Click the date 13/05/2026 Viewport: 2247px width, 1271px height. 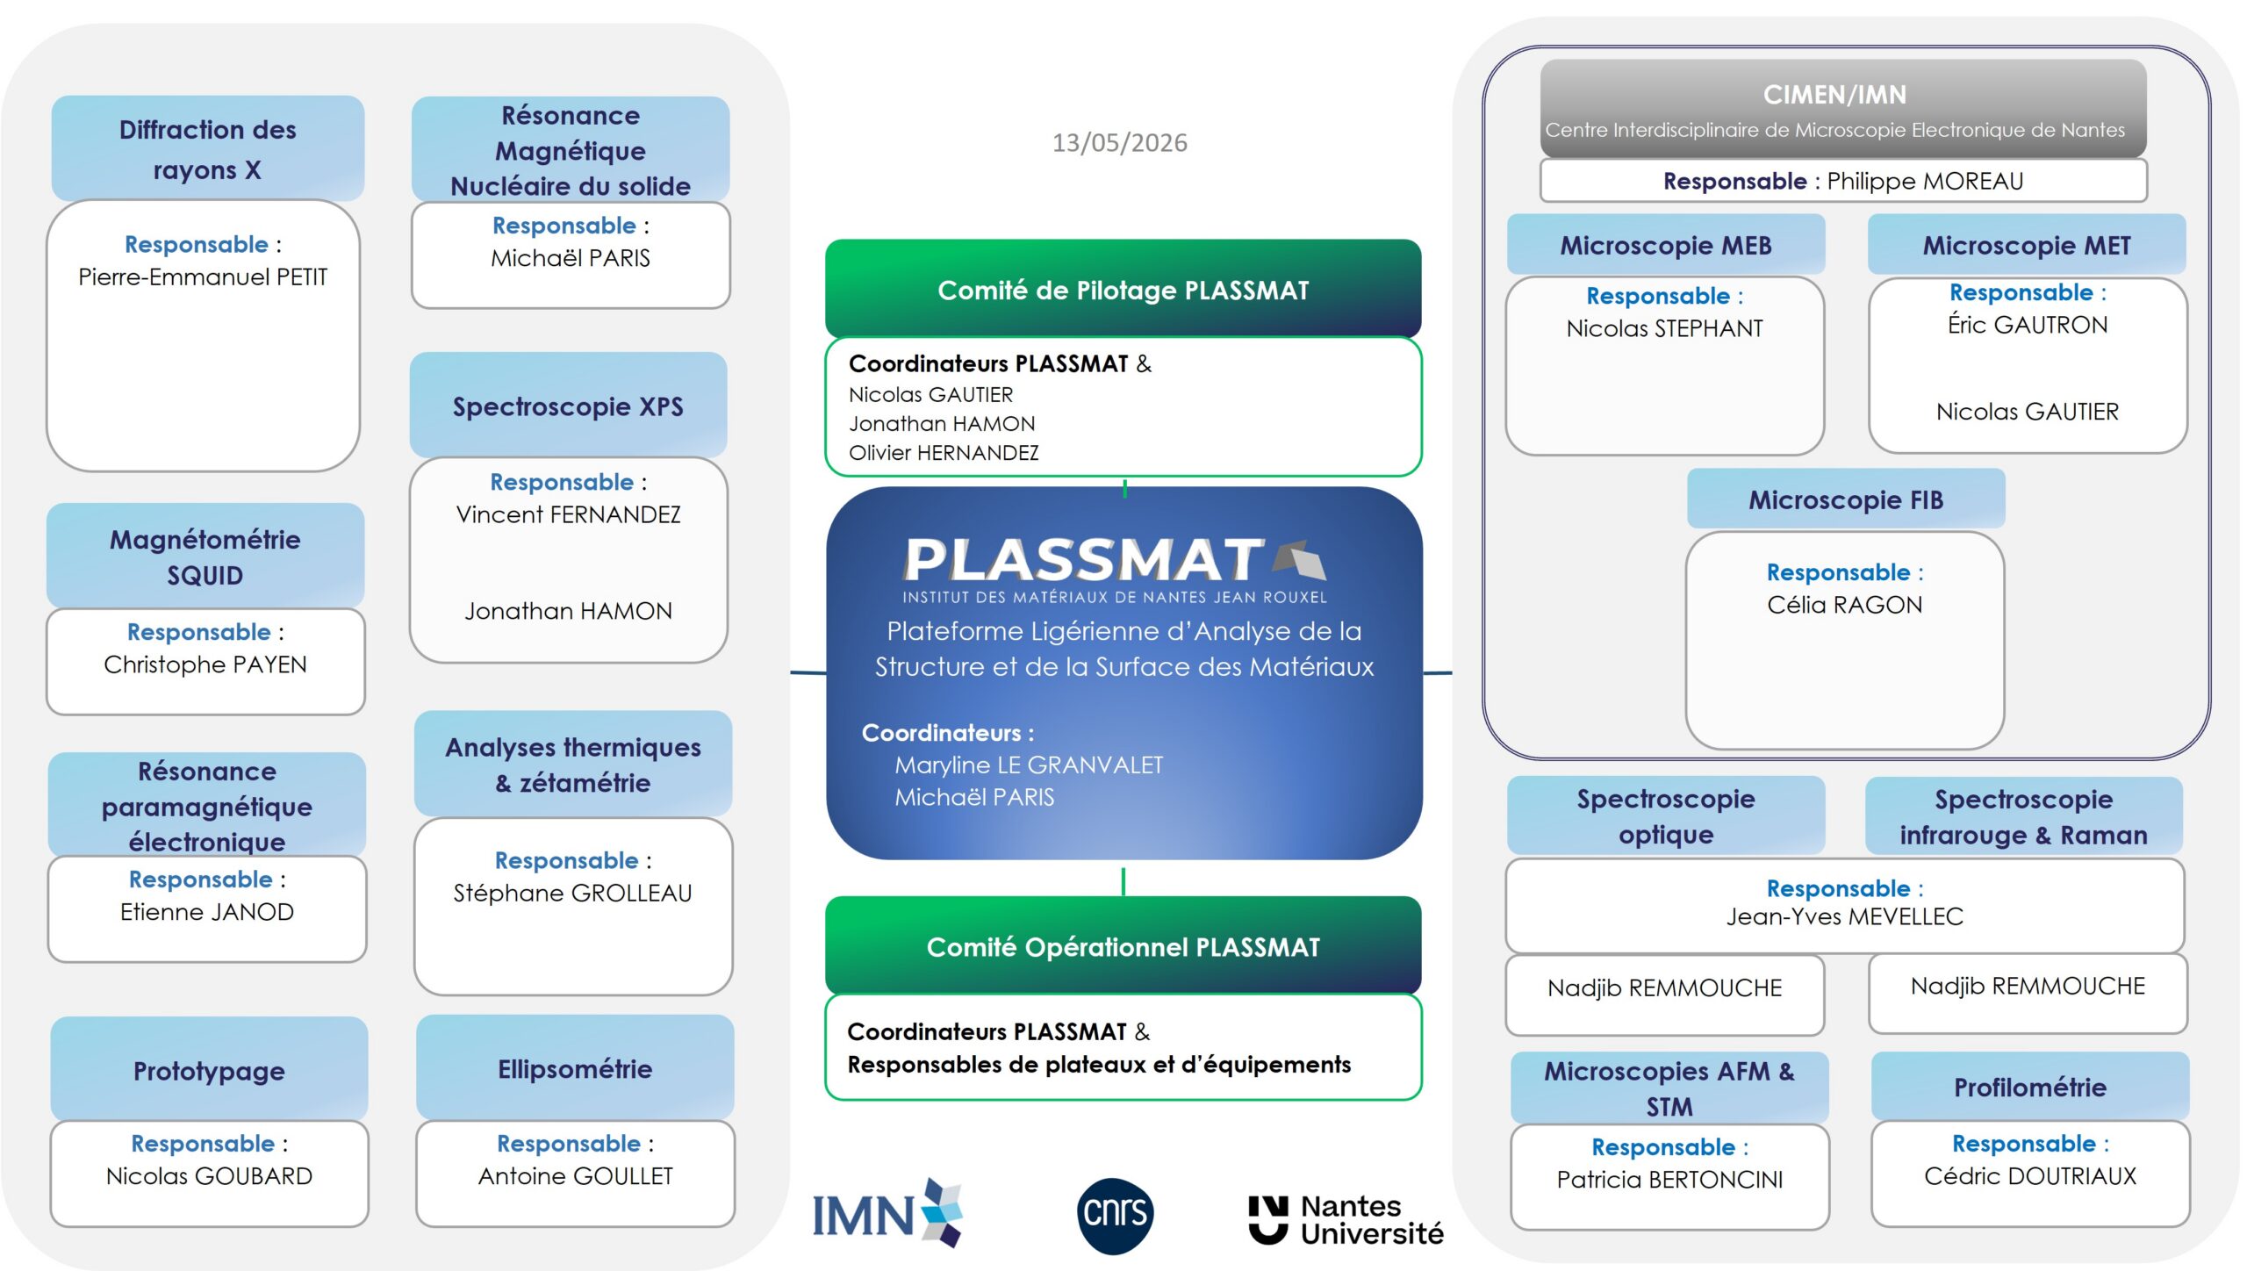tap(1119, 142)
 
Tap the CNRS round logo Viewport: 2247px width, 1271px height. tap(1115, 1215)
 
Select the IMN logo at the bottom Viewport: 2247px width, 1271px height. tap(887, 1214)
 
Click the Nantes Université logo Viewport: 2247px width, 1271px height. tap(1346, 1219)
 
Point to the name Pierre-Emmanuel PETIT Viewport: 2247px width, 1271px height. tap(203, 277)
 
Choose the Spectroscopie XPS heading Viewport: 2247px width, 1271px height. tap(568, 406)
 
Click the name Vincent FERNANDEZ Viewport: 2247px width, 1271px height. tap(568, 514)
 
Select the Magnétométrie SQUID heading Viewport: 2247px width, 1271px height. tap(205, 557)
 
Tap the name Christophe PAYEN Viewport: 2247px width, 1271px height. tap(205, 664)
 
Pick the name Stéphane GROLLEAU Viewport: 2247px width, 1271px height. tap(572, 893)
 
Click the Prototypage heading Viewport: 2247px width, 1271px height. tap(209, 1070)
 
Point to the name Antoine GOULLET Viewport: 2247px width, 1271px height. tap(576, 1176)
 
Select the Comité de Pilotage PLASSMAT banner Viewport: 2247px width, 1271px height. tap(1123, 289)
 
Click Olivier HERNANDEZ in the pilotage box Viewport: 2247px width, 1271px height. tap(944, 453)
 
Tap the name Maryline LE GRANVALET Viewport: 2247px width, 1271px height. tap(1029, 765)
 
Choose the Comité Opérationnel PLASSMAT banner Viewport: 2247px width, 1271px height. tap(1123, 945)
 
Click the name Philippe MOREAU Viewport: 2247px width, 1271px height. tap(1925, 181)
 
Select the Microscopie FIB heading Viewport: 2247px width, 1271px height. tap(1846, 499)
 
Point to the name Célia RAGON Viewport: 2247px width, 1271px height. tap(1845, 605)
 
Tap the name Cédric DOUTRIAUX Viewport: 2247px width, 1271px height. tap(2030, 1176)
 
